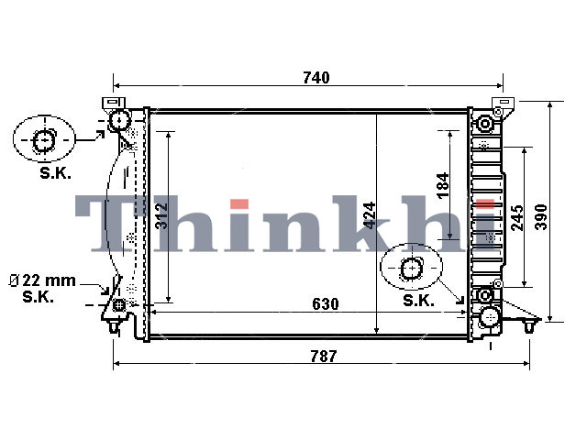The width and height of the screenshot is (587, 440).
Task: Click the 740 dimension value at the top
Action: (x=316, y=77)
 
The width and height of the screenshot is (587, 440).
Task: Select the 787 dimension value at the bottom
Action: (x=324, y=356)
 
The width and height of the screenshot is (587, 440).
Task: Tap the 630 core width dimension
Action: (x=326, y=303)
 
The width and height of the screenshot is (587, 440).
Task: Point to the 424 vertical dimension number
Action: (x=370, y=215)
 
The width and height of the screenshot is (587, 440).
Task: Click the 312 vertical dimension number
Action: (x=161, y=216)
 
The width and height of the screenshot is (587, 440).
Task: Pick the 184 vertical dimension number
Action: (x=443, y=185)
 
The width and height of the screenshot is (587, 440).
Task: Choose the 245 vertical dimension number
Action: (x=517, y=218)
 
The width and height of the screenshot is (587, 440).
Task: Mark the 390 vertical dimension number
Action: (x=541, y=217)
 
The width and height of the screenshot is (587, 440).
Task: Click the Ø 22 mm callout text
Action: (x=42, y=280)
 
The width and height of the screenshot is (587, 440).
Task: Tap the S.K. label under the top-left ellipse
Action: (x=55, y=173)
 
